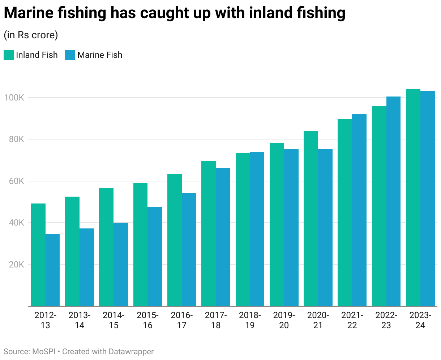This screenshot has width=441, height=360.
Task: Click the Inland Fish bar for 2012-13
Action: (x=38, y=255)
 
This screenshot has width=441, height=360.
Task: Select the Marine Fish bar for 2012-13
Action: (x=52, y=270)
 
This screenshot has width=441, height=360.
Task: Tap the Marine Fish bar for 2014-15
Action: (x=121, y=264)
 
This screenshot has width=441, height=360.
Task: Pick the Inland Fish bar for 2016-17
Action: (x=175, y=240)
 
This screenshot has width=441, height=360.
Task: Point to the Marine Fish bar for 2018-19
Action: (x=257, y=229)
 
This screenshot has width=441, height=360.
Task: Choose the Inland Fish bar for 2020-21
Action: (x=311, y=219)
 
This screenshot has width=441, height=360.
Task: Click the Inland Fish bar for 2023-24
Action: (x=413, y=198)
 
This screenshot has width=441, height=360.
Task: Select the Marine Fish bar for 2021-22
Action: (x=359, y=210)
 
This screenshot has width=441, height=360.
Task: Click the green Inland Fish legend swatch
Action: (x=9, y=55)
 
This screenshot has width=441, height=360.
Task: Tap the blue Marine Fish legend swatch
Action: (x=70, y=55)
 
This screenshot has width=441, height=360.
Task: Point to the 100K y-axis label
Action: (x=14, y=98)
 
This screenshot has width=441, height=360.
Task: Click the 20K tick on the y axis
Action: (x=16, y=265)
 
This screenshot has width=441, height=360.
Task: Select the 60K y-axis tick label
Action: (x=16, y=181)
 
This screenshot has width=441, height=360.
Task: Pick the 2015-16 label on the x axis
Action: (x=147, y=320)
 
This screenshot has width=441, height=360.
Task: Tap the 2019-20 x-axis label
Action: (x=284, y=320)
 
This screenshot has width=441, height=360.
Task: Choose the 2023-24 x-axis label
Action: (x=420, y=320)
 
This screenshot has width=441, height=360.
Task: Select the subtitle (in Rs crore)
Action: (x=31, y=35)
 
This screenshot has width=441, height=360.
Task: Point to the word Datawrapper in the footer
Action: (x=131, y=352)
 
